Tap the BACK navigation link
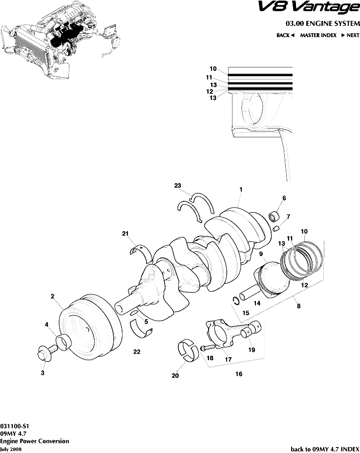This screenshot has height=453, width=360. pyautogui.click(x=286, y=35)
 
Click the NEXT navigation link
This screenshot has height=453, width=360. pyautogui.click(x=350, y=35)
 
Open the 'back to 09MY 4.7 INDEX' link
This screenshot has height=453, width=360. pyautogui.click(x=325, y=449)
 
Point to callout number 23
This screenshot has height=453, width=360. pyautogui.click(x=177, y=185)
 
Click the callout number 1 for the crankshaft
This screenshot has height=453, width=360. pyautogui.click(x=241, y=189)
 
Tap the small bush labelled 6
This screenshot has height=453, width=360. pyautogui.click(x=275, y=216)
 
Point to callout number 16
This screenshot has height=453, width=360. pyautogui.click(x=239, y=374)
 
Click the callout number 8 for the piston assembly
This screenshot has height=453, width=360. pyautogui.click(x=298, y=306)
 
